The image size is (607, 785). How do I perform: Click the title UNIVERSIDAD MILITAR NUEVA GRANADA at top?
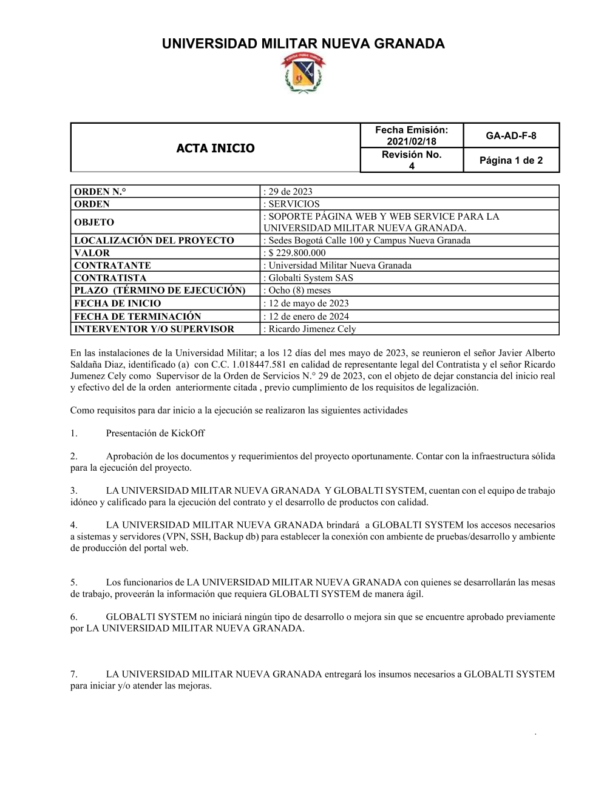tap(303, 44)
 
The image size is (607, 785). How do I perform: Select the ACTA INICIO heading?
tap(215, 148)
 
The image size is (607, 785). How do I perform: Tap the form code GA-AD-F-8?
tap(510, 135)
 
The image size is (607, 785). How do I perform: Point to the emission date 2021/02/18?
tap(412, 141)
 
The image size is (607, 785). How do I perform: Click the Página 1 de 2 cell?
tap(510, 160)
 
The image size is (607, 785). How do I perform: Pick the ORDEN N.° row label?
tap(100, 192)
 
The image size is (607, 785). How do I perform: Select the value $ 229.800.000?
tap(297, 253)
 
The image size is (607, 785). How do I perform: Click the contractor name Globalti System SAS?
tap(311, 278)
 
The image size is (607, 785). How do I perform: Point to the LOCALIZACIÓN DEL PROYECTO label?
tap(154, 240)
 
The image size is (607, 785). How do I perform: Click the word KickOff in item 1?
tap(188, 433)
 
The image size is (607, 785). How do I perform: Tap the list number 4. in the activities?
tap(74, 525)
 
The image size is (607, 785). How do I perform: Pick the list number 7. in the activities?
tap(74, 674)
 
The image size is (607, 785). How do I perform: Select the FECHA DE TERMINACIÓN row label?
tap(137, 316)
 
